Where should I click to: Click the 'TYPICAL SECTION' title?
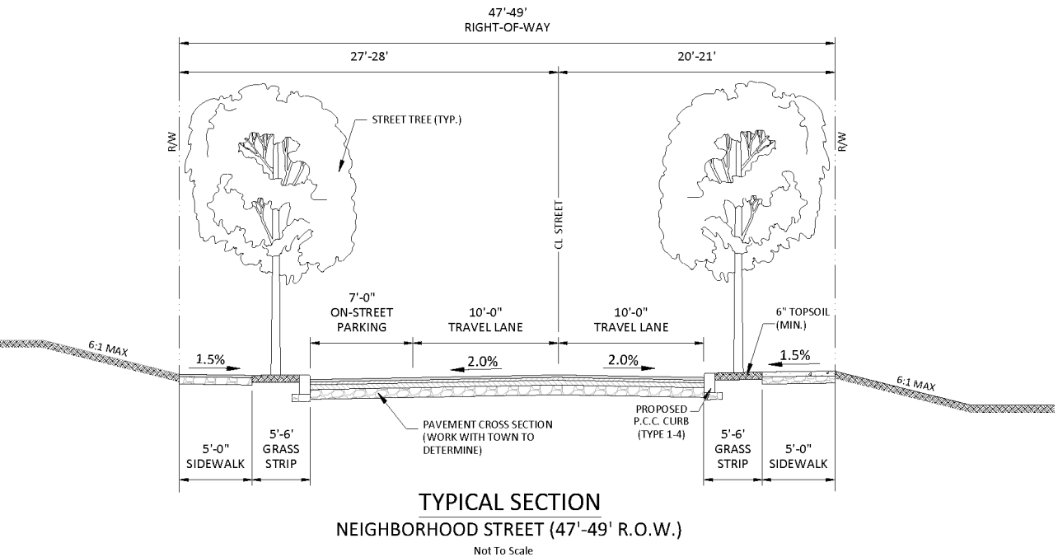click(x=508, y=502)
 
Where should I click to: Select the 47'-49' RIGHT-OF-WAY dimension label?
click(x=507, y=19)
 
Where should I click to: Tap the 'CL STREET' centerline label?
click(x=559, y=223)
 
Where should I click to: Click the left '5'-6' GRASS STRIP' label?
click(x=280, y=449)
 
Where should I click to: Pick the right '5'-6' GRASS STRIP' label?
click(x=732, y=449)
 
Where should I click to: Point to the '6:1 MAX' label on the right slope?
click(x=916, y=384)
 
